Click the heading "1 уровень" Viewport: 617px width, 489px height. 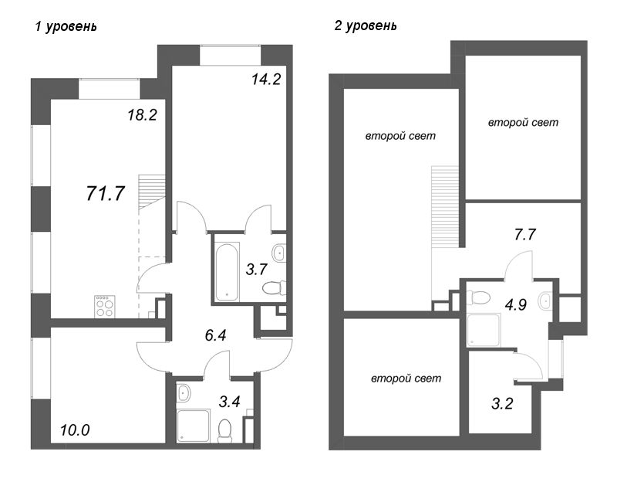[x=66, y=26]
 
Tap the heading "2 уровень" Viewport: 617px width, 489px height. [x=366, y=26]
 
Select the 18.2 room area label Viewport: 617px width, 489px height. [x=143, y=116]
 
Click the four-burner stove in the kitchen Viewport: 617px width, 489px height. [x=105, y=307]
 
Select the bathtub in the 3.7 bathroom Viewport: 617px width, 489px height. [x=227, y=272]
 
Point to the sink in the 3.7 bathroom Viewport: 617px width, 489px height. [x=278, y=253]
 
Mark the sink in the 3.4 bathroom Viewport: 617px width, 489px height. [x=184, y=394]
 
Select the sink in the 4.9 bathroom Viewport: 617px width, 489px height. [x=546, y=301]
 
